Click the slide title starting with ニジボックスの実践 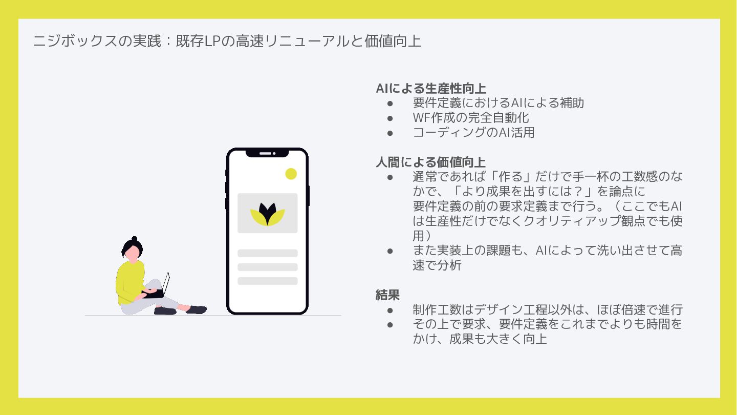pyautogui.click(x=227, y=41)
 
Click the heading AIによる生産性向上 pyautogui.click(x=430, y=88)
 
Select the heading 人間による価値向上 pyautogui.click(x=430, y=162)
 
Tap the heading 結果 pyautogui.click(x=387, y=295)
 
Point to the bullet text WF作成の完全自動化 pyautogui.click(x=471, y=118)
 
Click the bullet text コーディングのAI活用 pyautogui.click(x=473, y=133)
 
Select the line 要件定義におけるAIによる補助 pyautogui.click(x=498, y=103)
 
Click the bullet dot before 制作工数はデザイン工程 pyautogui.click(x=390, y=310)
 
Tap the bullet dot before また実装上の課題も pyautogui.click(x=390, y=251)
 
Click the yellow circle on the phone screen pyautogui.click(x=291, y=174)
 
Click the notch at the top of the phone pyautogui.click(x=267, y=153)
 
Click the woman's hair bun pyautogui.click(x=134, y=239)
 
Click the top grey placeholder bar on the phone pyautogui.click(x=267, y=253)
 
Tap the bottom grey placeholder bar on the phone pyautogui.click(x=267, y=281)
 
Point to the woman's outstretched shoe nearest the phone pyautogui.click(x=197, y=309)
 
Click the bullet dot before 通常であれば pyautogui.click(x=390, y=177)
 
